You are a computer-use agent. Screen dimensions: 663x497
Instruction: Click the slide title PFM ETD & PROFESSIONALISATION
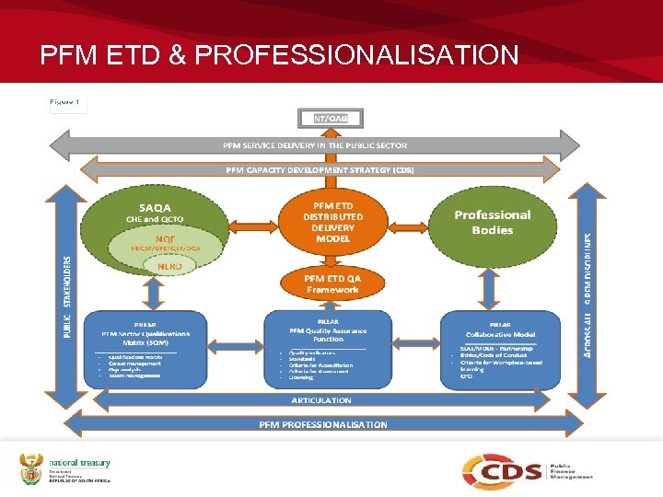point(279,54)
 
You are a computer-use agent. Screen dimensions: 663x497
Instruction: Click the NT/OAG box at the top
point(331,119)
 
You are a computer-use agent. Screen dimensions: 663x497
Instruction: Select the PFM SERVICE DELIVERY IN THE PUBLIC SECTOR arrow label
point(315,145)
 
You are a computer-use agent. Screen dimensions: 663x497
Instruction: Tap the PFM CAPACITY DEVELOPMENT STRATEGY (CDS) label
point(320,169)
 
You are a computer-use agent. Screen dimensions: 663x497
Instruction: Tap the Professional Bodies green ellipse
point(492,222)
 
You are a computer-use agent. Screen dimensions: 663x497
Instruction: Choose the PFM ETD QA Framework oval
point(332,283)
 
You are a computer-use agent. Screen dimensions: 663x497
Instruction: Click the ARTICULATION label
point(321,400)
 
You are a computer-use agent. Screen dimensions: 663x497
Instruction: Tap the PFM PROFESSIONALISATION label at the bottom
point(322,424)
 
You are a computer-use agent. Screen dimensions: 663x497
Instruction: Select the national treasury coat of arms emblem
point(31,469)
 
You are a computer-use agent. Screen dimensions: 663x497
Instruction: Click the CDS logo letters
point(502,472)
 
